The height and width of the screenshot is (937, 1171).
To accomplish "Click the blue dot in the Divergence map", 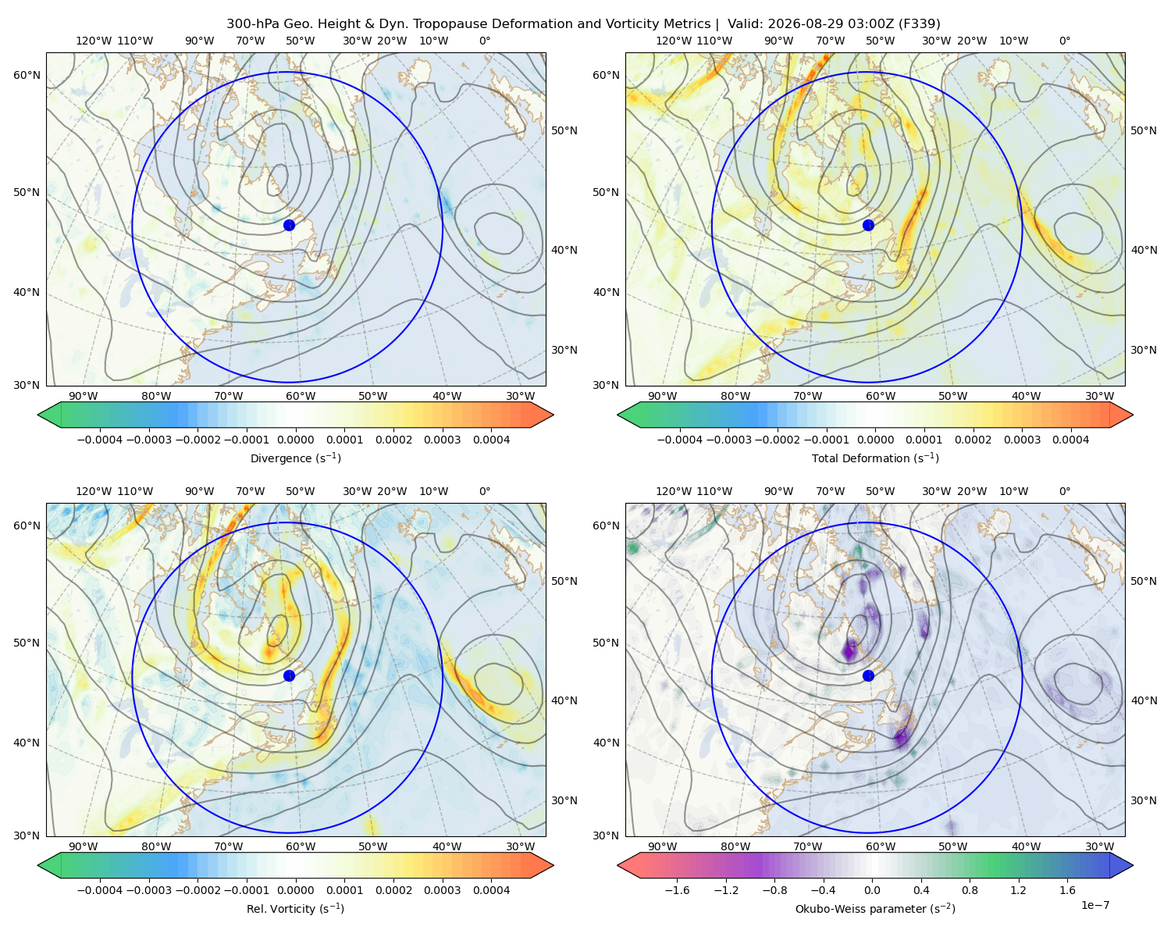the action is [289, 225].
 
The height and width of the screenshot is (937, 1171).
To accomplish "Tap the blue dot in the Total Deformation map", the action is [868, 225].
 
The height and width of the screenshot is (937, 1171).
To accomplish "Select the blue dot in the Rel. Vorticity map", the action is [289, 675].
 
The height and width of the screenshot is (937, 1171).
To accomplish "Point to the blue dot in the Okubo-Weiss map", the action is [868, 675].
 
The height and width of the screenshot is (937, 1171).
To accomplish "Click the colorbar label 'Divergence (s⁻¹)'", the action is [295, 458].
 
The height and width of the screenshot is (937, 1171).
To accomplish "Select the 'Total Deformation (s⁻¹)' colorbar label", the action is [875, 458].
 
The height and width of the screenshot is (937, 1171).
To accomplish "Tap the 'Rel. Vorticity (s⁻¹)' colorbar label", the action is [295, 908].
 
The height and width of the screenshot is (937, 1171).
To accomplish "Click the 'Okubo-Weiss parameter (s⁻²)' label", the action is [875, 908].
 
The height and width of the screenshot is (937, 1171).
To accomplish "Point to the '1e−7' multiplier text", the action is [1094, 905].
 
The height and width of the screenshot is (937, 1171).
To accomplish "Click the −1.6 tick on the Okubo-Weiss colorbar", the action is [677, 890].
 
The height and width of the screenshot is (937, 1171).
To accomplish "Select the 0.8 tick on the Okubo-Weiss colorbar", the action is [970, 890].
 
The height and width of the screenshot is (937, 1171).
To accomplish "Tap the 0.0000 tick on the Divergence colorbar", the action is [295, 440].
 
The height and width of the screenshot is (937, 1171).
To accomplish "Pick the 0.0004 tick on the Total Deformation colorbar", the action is [1070, 440].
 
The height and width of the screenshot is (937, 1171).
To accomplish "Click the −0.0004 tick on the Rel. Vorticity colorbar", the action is [100, 890].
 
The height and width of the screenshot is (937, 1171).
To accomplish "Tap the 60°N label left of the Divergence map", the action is [27, 75].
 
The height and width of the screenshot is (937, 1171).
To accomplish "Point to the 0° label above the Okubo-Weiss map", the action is [1064, 491].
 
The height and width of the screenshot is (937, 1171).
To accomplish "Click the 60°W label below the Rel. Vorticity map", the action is [301, 846].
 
